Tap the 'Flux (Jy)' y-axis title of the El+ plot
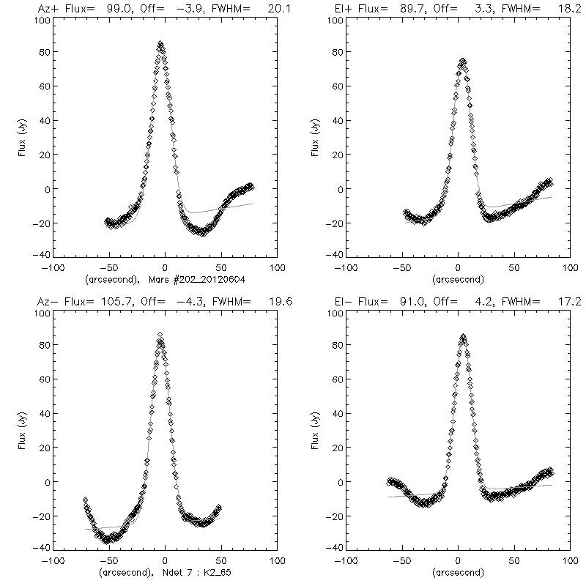coord(314,137)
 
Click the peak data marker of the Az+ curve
coord(160,44)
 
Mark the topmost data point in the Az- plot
coord(160,335)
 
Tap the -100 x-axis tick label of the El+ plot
coord(342,268)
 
